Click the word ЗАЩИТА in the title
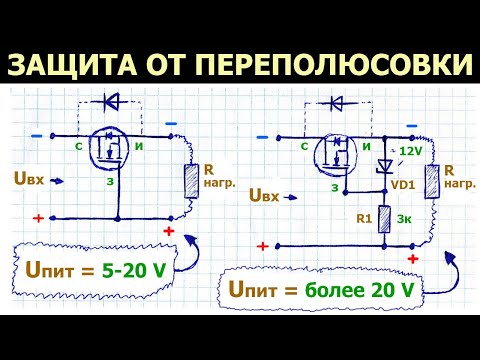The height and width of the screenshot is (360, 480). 73,64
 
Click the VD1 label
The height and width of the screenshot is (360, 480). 404,185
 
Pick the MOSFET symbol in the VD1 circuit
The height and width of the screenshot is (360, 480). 337,155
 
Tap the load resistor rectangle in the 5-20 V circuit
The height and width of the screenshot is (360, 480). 190,180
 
